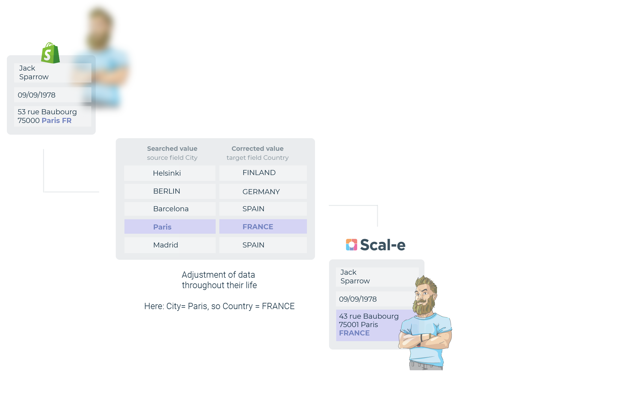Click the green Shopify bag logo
tap(50, 53)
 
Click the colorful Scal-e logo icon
tap(351, 244)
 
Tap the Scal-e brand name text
tap(383, 245)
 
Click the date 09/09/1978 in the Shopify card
tap(37, 95)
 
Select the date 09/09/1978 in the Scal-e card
tap(358, 299)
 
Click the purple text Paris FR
tap(57, 121)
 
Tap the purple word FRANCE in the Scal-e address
tap(354, 333)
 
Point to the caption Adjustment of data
tap(218, 275)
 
